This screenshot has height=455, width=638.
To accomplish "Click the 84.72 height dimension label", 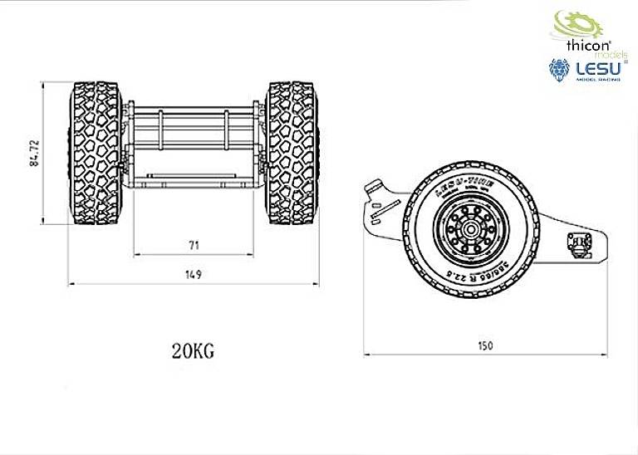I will click(x=34, y=152).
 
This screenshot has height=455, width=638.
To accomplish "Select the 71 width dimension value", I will click(x=194, y=246).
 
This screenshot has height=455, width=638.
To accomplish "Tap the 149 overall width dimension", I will click(x=194, y=274).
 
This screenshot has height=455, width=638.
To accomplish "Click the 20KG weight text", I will click(x=193, y=350).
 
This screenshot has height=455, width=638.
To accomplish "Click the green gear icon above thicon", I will click(x=572, y=22).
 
